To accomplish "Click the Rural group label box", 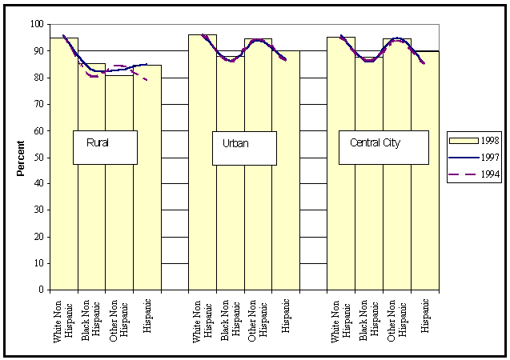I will pyautogui.click(x=104, y=147).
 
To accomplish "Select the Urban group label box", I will pyautogui.click(x=243, y=148).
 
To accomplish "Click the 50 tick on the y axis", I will pyautogui.click(x=38, y=158).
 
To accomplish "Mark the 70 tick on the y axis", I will pyautogui.click(x=38, y=104).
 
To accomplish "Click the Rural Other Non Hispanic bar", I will pyautogui.click(x=119, y=216).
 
